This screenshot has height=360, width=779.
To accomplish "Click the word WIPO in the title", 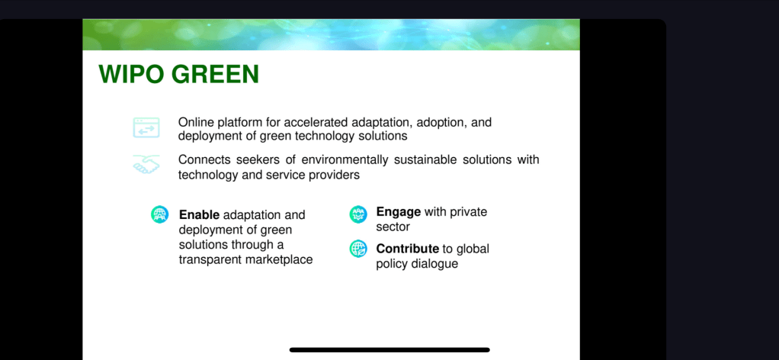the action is pyautogui.click(x=131, y=75).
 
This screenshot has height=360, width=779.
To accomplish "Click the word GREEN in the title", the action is pyautogui.click(x=215, y=75).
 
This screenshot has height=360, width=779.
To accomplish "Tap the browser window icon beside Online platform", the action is pyautogui.click(x=146, y=127).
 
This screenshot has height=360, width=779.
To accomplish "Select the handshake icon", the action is pyautogui.click(x=146, y=164).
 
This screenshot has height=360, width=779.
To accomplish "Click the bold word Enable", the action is pyautogui.click(x=199, y=215).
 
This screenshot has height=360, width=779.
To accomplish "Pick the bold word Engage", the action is pyautogui.click(x=399, y=212).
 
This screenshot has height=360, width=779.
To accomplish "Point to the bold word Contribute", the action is pyautogui.click(x=407, y=249).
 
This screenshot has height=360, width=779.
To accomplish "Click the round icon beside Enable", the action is pyautogui.click(x=160, y=214).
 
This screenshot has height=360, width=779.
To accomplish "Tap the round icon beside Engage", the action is pyautogui.click(x=358, y=214).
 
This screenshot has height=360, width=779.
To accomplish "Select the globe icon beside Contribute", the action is pyautogui.click(x=358, y=249).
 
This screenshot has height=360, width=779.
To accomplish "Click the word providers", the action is pyautogui.click(x=336, y=175).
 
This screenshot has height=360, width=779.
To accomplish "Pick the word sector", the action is pyautogui.click(x=393, y=227).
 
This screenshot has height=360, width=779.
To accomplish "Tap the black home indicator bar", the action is pyautogui.click(x=389, y=350).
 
